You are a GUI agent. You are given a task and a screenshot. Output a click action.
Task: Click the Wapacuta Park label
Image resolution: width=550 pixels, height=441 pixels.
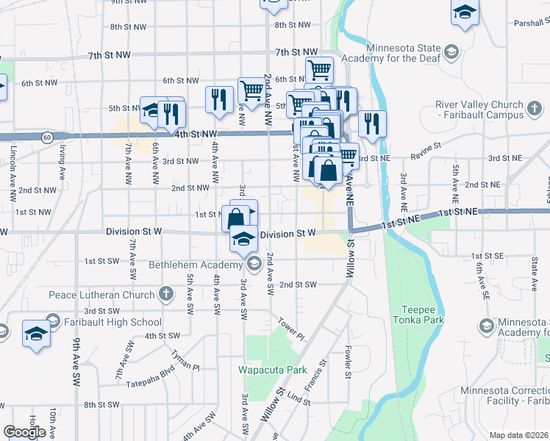(265, 369)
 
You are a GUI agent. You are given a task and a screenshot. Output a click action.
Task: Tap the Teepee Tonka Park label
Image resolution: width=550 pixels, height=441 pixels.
(424, 315)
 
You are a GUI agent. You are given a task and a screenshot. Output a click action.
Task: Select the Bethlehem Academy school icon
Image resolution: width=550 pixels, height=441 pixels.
(254, 265)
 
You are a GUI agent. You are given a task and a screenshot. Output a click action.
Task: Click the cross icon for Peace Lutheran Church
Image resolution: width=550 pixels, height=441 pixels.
(166, 295)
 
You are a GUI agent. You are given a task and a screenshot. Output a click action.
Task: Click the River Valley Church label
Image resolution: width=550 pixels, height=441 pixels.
(479, 110)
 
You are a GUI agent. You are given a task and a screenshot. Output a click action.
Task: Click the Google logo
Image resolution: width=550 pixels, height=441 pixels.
(24, 432)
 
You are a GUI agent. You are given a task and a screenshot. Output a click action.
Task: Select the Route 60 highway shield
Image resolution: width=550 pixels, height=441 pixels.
(46, 137)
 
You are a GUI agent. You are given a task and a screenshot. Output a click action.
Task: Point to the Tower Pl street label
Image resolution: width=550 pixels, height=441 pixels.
(291, 328)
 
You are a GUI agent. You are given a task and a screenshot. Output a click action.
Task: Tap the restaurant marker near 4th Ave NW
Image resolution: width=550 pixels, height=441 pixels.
(219, 99)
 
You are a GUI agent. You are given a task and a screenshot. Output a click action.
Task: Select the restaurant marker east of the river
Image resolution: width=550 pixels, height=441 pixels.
(373, 123)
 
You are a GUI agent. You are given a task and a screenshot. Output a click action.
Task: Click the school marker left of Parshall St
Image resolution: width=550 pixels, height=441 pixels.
(465, 12)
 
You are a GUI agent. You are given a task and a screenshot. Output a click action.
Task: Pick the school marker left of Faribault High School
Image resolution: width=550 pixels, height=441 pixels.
(36, 333)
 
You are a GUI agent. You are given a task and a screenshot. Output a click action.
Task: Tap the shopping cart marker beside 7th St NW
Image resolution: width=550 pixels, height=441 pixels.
(319, 70)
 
